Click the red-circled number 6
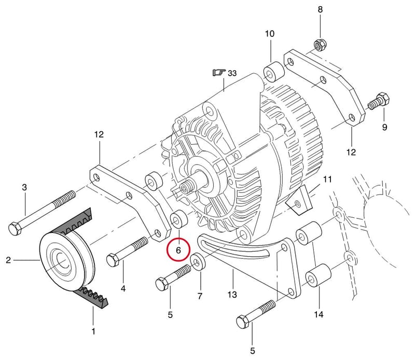[178, 250]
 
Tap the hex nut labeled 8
[321, 46]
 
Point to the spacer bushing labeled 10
[274, 72]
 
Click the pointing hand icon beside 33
[219, 72]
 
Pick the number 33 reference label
[232, 73]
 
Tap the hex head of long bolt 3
[15, 229]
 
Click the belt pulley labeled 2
[67, 261]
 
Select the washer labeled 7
[198, 261]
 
